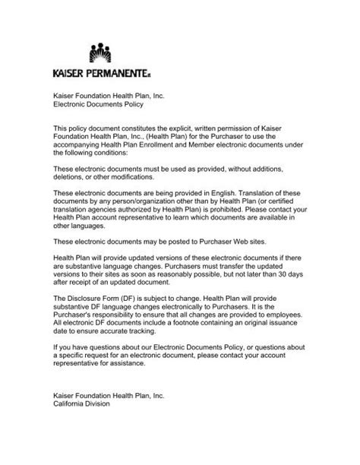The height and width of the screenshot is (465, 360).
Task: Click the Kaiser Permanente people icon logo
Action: pyautogui.click(x=100, y=53)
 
